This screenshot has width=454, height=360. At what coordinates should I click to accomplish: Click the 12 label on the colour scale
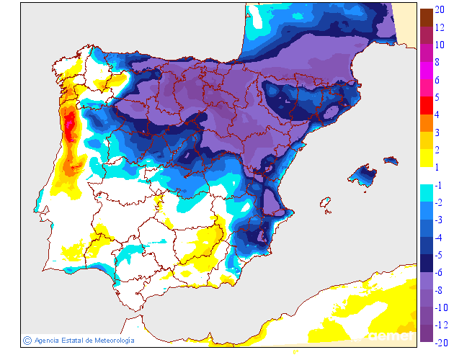pos(439,27)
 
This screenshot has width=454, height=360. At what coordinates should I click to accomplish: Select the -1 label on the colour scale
pos(438,186)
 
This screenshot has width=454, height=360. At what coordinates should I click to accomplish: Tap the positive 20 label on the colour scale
pos(439,9)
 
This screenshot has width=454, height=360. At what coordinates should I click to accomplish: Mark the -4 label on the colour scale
pos(438,238)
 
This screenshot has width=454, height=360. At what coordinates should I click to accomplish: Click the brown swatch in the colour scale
pos(426,17)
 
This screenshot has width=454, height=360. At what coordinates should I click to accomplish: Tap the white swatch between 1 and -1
pos(426,176)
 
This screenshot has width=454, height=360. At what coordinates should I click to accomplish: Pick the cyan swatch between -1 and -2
pos(426,193)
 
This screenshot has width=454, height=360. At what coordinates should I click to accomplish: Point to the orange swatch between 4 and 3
pos(426,123)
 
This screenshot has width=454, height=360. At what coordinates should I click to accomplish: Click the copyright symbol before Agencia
pos(27,340)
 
